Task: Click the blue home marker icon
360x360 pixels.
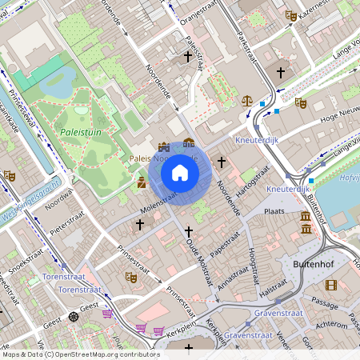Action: [180, 173]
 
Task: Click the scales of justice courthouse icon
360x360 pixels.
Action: [247, 102]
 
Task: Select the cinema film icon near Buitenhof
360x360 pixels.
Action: [331, 285]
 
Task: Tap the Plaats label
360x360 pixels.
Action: [275, 211]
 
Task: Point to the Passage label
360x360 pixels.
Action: [326, 304]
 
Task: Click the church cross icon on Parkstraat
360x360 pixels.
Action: [281, 73]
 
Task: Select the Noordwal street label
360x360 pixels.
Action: [58, 202]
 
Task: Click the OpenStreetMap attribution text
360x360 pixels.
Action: [80, 354]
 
